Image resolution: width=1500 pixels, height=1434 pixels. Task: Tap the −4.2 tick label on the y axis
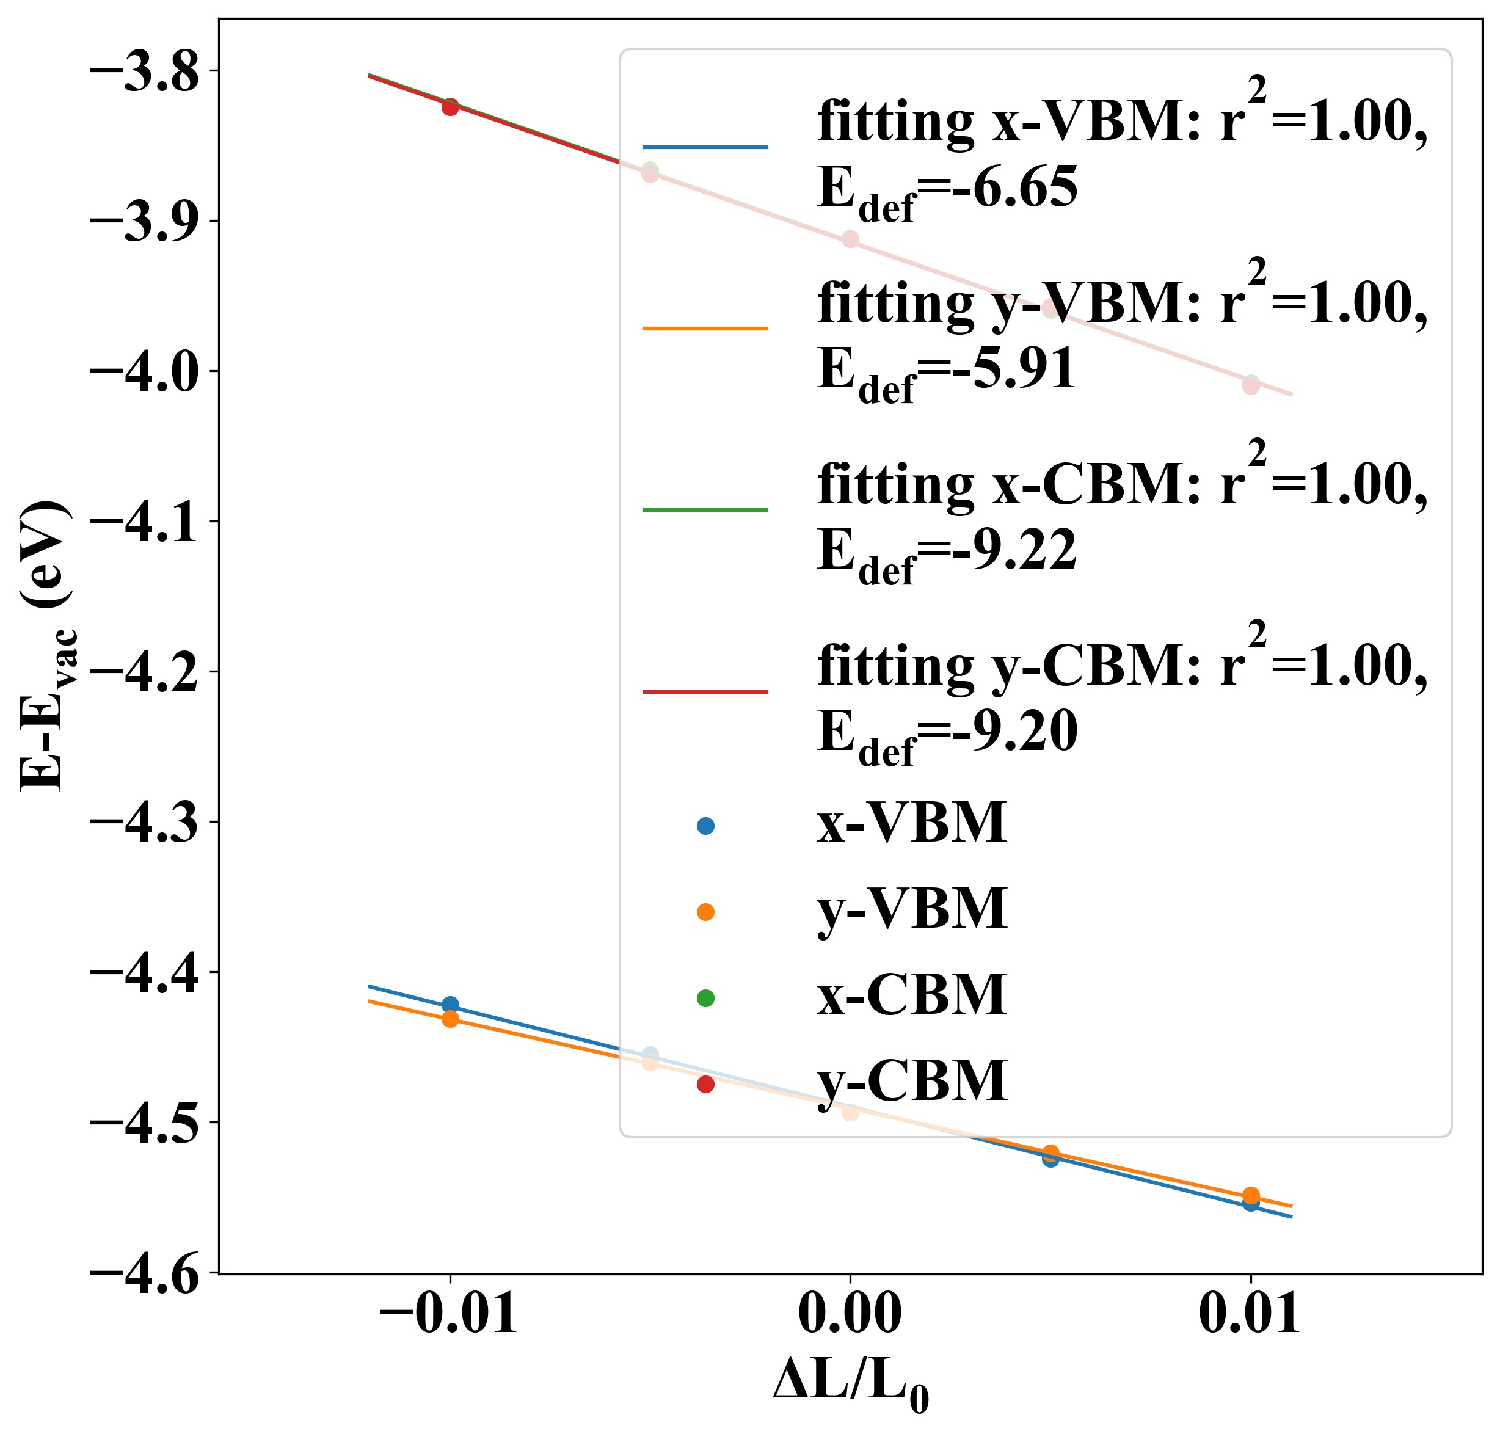(x=145, y=675)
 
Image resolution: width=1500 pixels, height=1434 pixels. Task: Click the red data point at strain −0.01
(x=450, y=107)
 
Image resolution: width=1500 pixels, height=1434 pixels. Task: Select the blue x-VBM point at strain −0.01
(x=450, y=1005)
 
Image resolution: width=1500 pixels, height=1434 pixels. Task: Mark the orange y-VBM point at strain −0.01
(x=450, y=1019)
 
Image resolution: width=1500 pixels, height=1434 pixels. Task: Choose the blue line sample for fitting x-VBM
(x=705, y=147)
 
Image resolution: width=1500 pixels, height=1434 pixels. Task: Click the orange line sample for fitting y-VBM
(x=705, y=329)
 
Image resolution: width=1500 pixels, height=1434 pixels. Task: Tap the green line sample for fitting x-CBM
(x=705, y=510)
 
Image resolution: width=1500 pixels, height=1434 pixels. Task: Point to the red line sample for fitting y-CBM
(x=705, y=692)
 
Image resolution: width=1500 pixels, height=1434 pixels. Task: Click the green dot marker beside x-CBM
(x=705, y=997)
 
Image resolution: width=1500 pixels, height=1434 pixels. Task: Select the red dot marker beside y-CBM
(x=705, y=1084)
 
